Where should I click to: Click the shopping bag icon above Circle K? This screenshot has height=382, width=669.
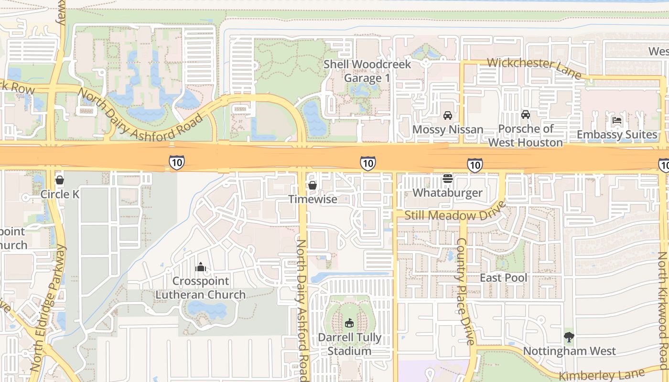[60, 180]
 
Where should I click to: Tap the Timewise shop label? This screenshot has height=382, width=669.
[313, 199]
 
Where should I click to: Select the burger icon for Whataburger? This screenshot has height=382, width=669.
[448, 179]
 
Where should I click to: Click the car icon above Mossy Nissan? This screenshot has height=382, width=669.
[448, 115]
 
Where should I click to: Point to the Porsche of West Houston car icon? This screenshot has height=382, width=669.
[526, 115]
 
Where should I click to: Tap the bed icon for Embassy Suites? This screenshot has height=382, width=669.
[617, 120]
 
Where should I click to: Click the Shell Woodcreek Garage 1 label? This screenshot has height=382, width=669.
[367, 71]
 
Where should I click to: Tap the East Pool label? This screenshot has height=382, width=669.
[504, 278]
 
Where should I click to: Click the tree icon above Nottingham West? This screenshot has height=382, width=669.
[569, 337]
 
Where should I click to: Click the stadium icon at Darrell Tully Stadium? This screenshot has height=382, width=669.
[350, 323]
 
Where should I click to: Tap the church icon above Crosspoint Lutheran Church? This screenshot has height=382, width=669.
[201, 267]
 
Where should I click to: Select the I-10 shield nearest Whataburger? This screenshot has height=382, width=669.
[475, 165]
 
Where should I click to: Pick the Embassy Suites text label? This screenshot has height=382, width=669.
[617, 135]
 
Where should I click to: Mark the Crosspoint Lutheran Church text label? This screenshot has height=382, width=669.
[201, 287]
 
